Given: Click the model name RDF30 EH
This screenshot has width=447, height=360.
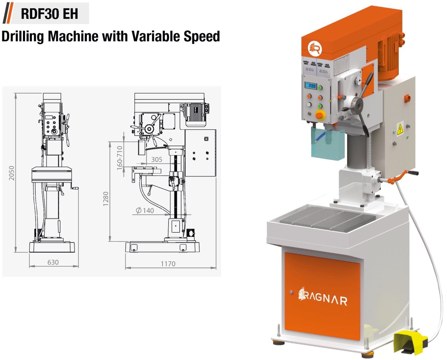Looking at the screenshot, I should (x=49, y=14).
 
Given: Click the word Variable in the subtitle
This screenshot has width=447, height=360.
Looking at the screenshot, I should (x=156, y=36).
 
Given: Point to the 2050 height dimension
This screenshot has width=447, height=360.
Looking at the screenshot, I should (x=11, y=173).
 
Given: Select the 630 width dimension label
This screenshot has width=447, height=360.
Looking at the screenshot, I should (x=53, y=262).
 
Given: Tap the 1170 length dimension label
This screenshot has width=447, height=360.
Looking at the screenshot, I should (x=168, y=264).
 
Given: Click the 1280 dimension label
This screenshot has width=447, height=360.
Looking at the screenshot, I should (x=106, y=199).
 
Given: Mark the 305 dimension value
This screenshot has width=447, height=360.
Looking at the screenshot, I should (x=157, y=159).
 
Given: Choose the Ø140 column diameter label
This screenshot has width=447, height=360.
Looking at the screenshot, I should (x=145, y=210).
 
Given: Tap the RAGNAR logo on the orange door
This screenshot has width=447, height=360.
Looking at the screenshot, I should (x=323, y=297).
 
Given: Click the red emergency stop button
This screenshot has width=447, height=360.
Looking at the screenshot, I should (x=320, y=115).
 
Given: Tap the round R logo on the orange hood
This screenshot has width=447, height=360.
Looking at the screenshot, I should (x=315, y=48).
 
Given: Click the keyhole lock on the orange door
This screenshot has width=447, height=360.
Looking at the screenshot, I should (x=290, y=292).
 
